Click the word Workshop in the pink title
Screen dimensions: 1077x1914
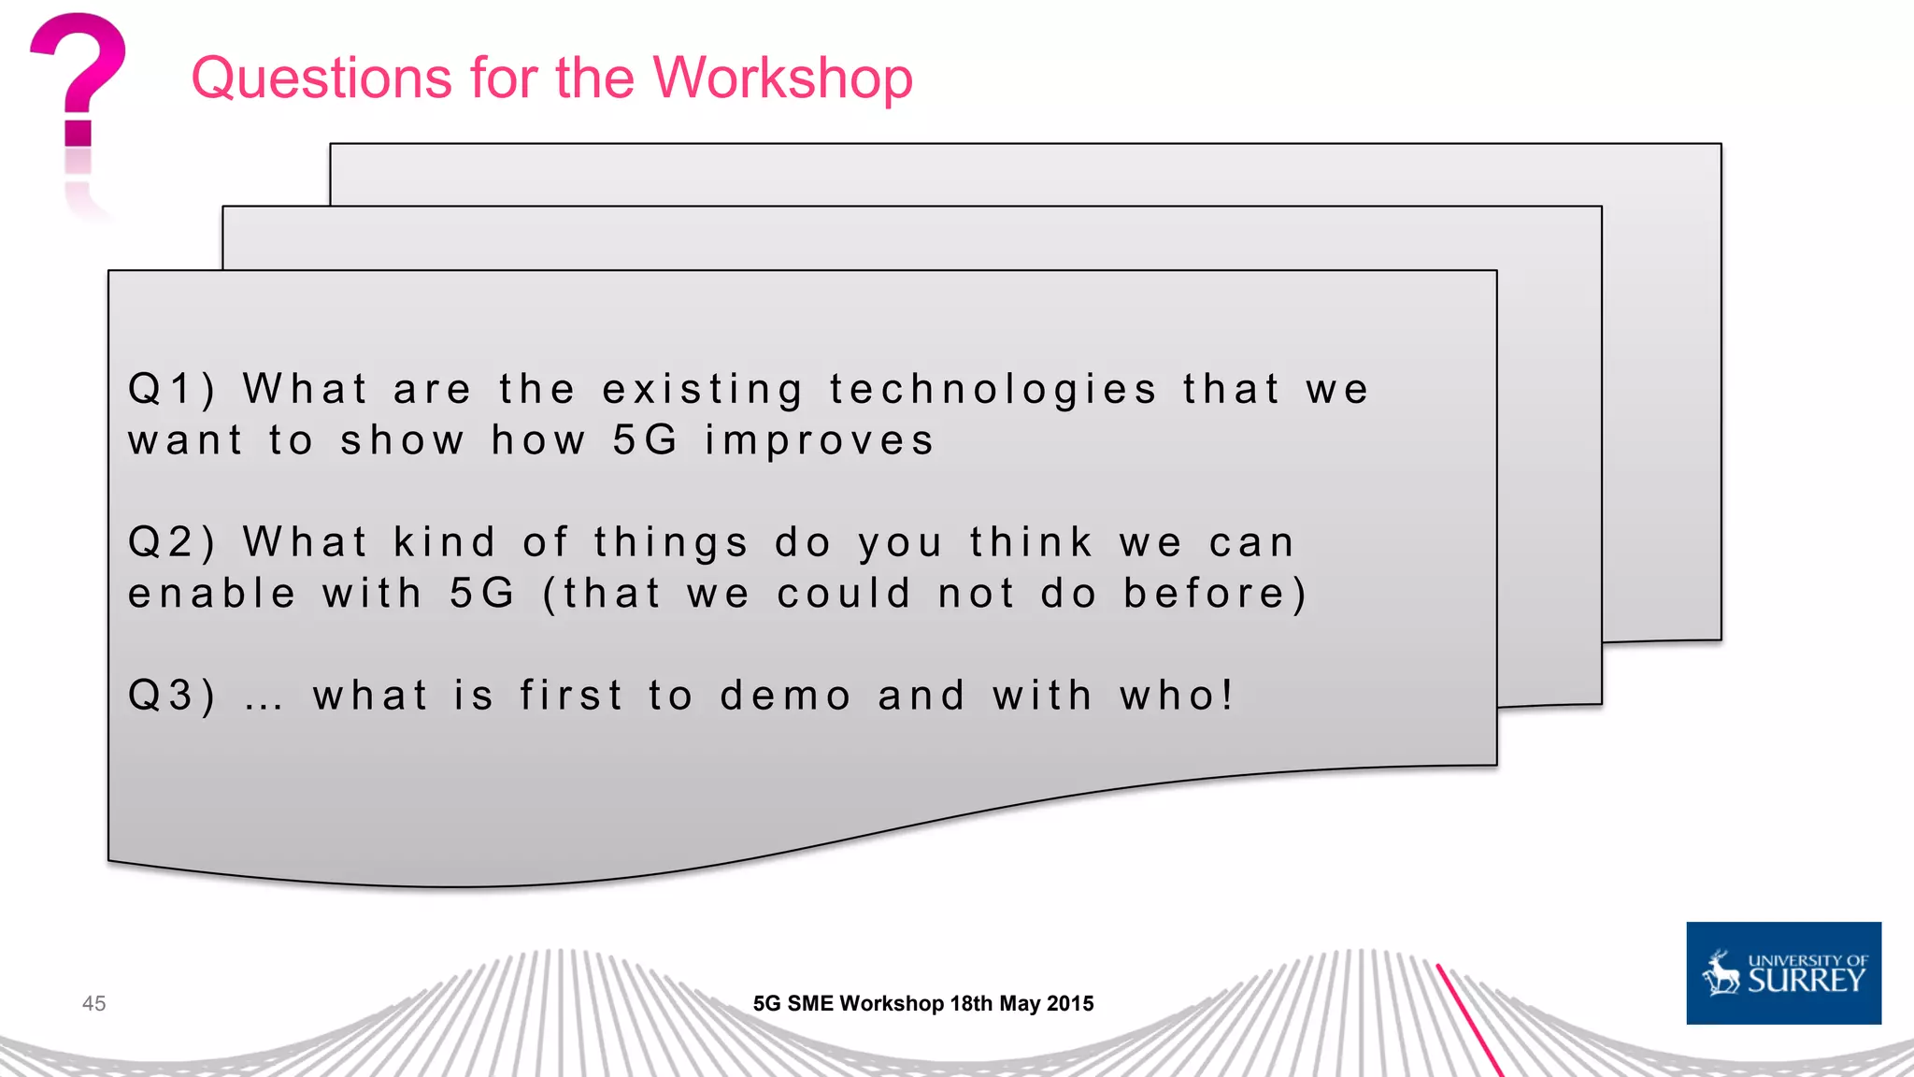click(782, 78)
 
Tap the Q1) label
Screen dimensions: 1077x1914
click(172, 389)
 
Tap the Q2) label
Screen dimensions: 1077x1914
click(172, 542)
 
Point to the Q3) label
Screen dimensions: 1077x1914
click(172, 696)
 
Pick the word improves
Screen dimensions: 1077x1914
click(819, 441)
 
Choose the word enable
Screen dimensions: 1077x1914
click(212, 594)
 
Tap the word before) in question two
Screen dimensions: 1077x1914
click(1215, 595)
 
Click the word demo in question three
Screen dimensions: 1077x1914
click(785, 696)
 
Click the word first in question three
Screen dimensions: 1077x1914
click(571, 696)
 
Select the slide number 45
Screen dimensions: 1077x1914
click(94, 1003)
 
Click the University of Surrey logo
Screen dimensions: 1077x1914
click(1783, 973)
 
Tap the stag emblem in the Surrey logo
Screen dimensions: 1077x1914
click(1721, 973)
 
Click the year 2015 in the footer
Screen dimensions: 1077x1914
click(1070, 1003)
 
